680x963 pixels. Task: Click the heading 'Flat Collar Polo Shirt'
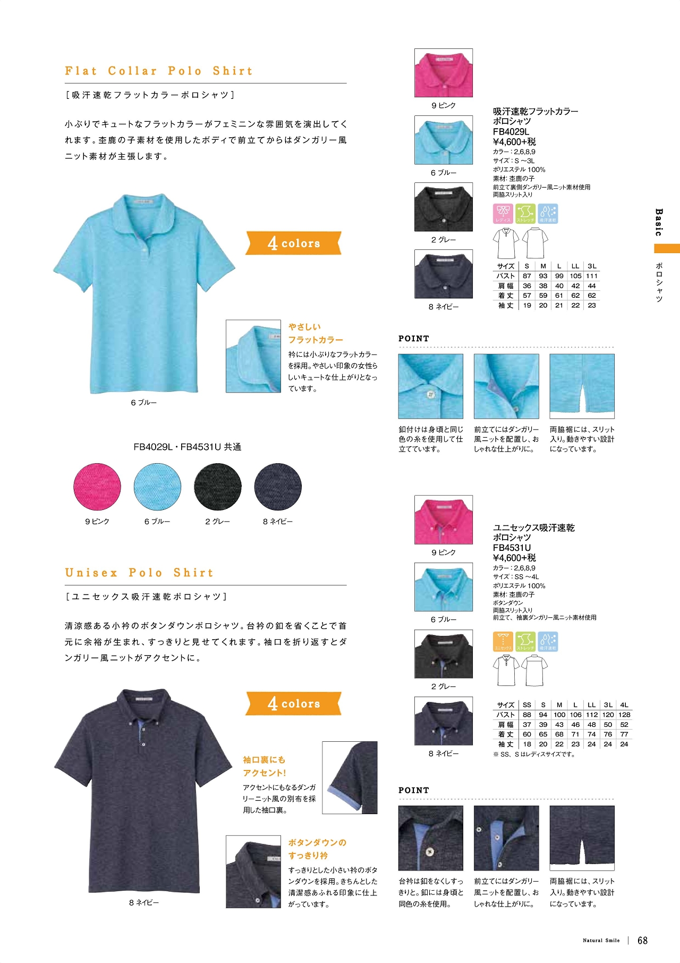coord(158,71)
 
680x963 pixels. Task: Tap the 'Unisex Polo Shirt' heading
coord(139,573)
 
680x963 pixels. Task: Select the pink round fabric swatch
coord(97,487)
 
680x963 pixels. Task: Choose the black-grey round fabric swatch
coord(218,487)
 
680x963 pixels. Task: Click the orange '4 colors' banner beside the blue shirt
coord(293,243)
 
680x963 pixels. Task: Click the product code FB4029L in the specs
coord(511,132)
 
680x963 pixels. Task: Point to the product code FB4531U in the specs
coord(512,548)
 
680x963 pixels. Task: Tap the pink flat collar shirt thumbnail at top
coord(443,73)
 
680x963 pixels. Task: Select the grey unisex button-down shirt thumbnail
coord(443,654)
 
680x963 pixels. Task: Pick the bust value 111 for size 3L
coord(592,276)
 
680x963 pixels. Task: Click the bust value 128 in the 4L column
coord(624,715)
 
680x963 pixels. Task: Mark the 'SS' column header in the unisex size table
coord(526,705)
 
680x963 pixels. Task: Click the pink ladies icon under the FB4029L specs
coord(503,213)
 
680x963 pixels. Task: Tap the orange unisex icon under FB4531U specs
coord(503,641)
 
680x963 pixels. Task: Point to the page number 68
coord(642,940)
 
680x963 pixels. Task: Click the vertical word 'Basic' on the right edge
coord(659,222)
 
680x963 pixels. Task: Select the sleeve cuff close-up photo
coord(350,777)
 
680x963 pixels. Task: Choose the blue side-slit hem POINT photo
coord(582,386)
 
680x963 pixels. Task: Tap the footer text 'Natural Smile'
coord(601,941)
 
